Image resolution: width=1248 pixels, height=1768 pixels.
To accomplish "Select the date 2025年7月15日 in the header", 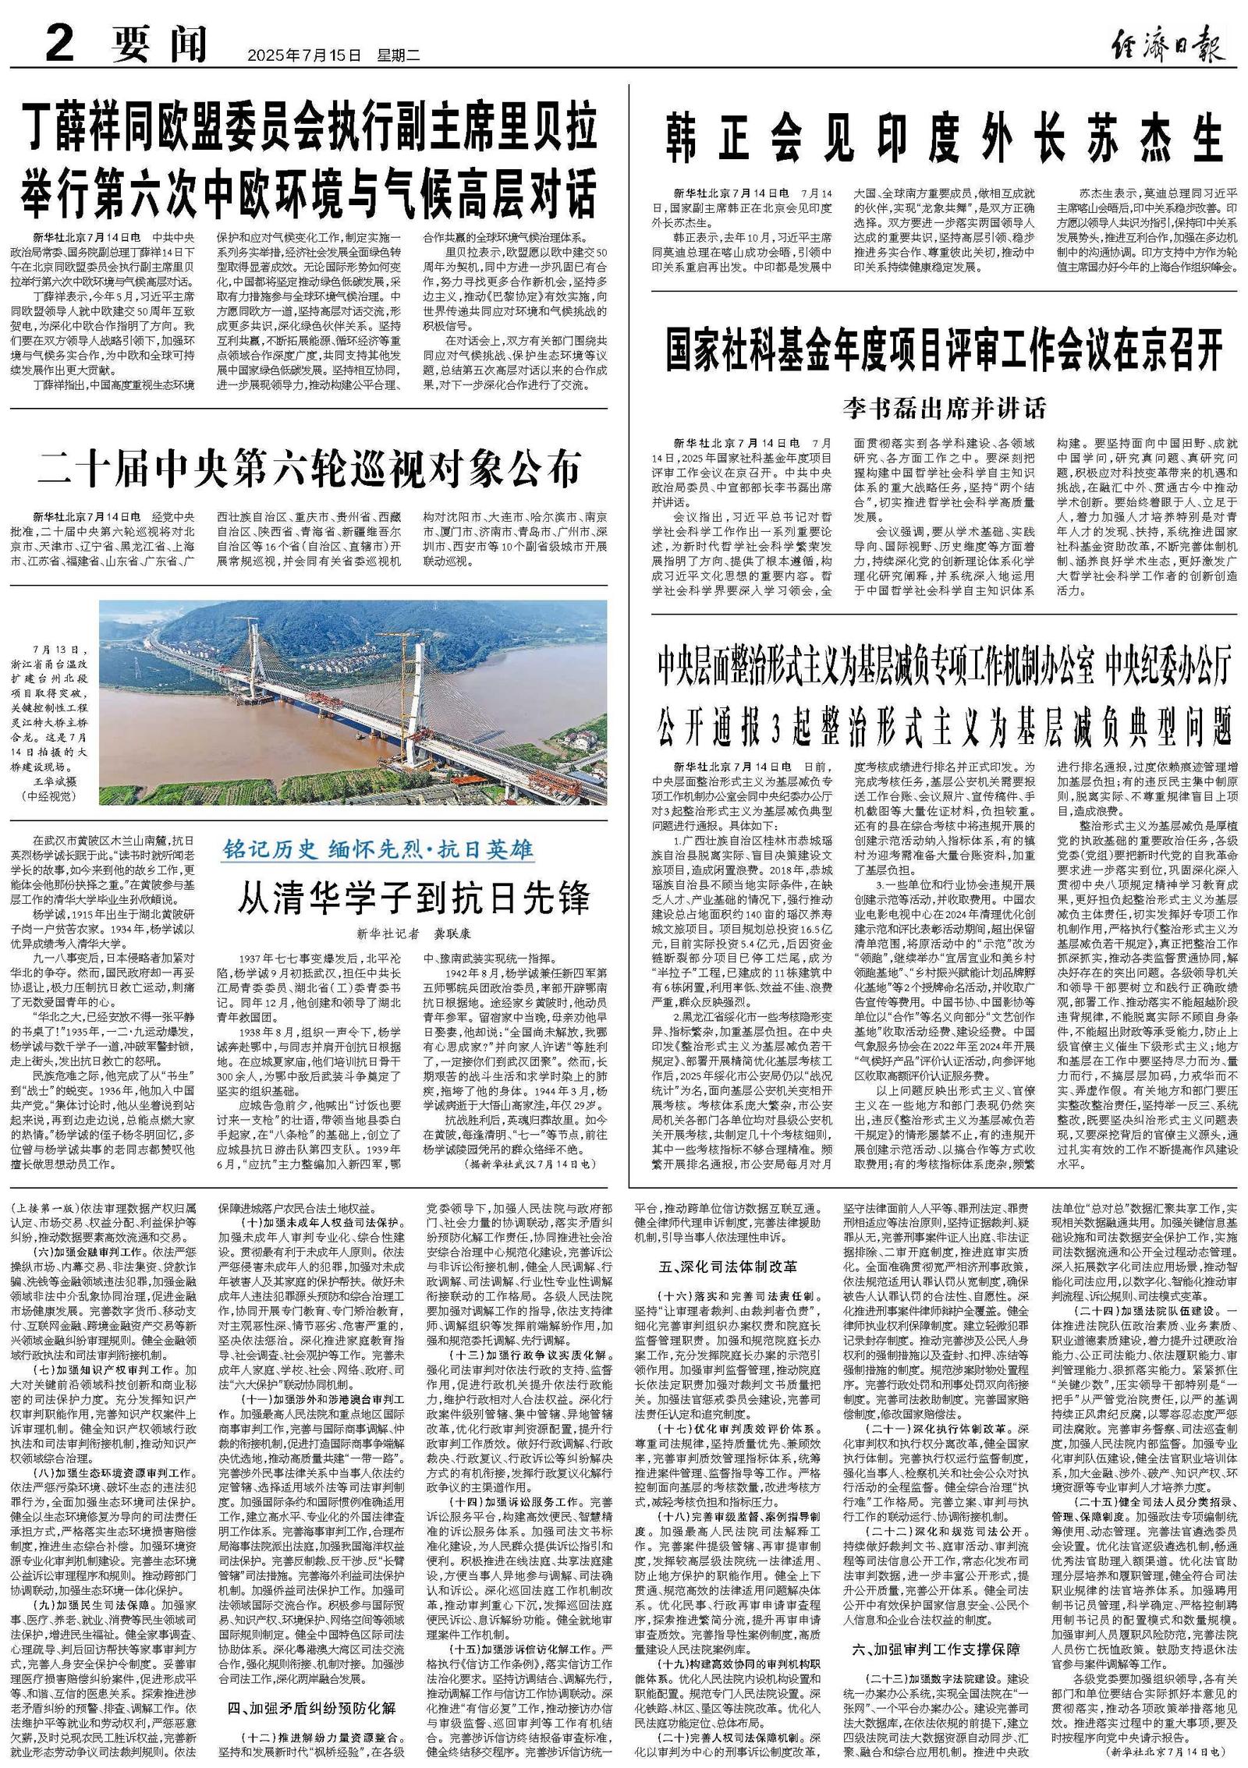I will coord(305,55).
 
